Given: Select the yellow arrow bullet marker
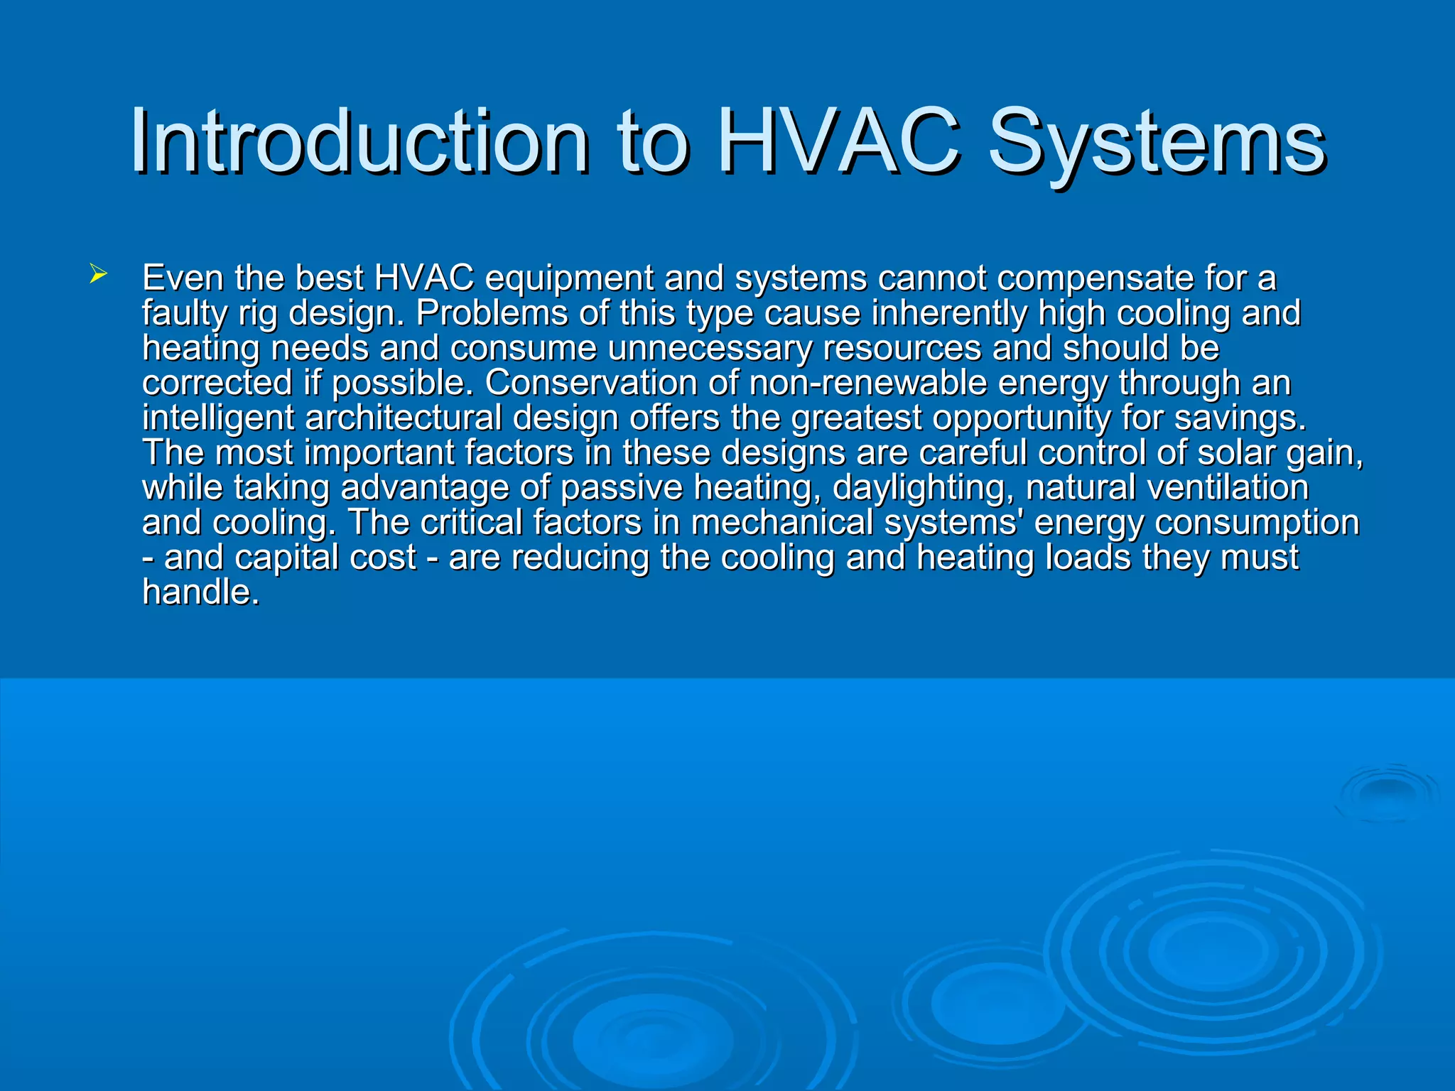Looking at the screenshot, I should [x=98, y=273].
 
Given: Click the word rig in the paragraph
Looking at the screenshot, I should [x=257, y=314].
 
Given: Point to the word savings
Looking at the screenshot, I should [x=1240, y=418].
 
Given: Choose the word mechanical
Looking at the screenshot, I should [x=781, y=523].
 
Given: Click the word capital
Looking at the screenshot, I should [x=277, y=558].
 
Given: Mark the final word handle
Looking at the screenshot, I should [x=200, y=592].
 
